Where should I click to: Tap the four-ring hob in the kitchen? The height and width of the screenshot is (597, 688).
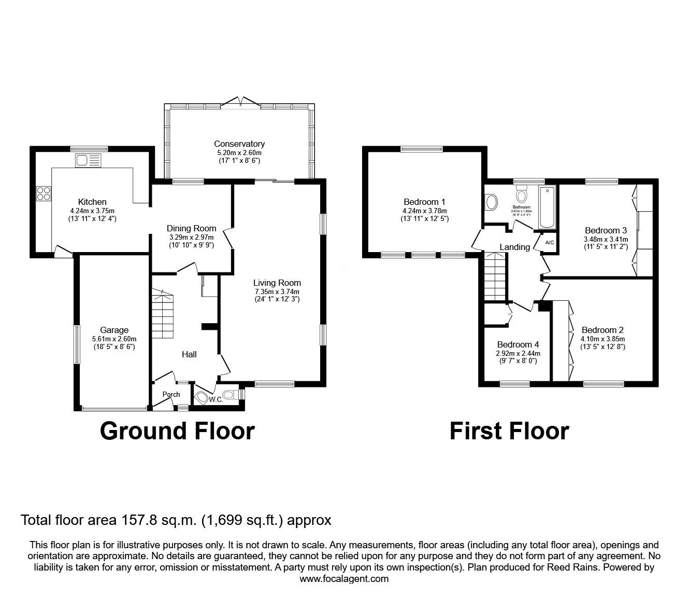coord(44,193)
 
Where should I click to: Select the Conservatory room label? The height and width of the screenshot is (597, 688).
coord(239,144)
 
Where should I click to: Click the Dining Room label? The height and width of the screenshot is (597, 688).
coord(191,228)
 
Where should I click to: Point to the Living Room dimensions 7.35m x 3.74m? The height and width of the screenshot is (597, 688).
coord(277,291)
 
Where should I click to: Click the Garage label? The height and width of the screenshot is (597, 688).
coord(114,330)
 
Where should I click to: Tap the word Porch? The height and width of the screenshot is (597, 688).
coord(171,394)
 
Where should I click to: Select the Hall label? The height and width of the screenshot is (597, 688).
coord(189,354)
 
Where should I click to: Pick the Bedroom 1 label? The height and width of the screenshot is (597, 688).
coord(424,202)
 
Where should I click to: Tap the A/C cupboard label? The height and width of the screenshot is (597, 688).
coord(550,243)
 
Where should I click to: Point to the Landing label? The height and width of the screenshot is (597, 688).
coord(514,247)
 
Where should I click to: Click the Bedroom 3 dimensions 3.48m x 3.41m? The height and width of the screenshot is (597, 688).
coord(606,239)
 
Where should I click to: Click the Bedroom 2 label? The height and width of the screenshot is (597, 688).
coord(603,330)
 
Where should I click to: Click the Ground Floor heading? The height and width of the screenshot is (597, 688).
coord(177,431)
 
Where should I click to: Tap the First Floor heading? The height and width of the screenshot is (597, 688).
coord(509,431)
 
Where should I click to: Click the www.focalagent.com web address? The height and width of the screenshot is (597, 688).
coord(344,579)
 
